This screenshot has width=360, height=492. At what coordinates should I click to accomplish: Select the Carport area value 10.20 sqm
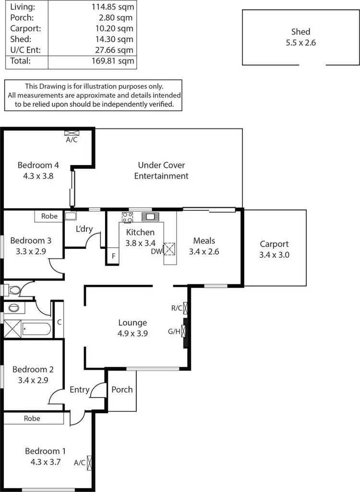point(114,28)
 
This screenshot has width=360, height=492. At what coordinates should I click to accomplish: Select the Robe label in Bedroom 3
point(49,216)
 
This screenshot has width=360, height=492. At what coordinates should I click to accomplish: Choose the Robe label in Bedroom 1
point(32,418)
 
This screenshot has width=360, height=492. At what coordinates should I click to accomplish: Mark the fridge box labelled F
point(113,256)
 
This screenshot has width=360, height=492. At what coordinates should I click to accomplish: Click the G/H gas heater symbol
point(183,331)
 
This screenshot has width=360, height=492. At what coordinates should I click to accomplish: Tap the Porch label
point(122,389)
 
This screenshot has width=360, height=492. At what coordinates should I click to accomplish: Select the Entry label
point(79,389)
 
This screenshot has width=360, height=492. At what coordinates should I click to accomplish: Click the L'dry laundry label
point(84,229)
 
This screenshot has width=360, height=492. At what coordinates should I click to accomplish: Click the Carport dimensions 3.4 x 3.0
point(274,255)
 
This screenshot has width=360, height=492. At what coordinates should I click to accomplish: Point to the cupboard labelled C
point(59,322)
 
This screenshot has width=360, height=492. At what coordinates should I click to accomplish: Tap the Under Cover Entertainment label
point(161,171)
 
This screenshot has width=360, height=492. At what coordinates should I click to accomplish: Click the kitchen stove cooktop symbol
point(127,217)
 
